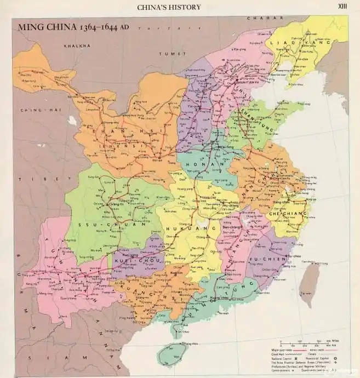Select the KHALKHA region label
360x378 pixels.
pyautogui.click(x=77, y=46)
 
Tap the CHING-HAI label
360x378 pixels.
pyautogui.click(x=33, y=110)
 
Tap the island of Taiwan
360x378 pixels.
pyautogui.click(x=310, y=282)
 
